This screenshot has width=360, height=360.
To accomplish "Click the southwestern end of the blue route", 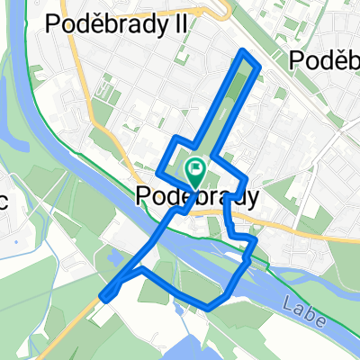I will point(105,295).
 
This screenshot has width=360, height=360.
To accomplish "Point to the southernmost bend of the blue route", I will point(210,306).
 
